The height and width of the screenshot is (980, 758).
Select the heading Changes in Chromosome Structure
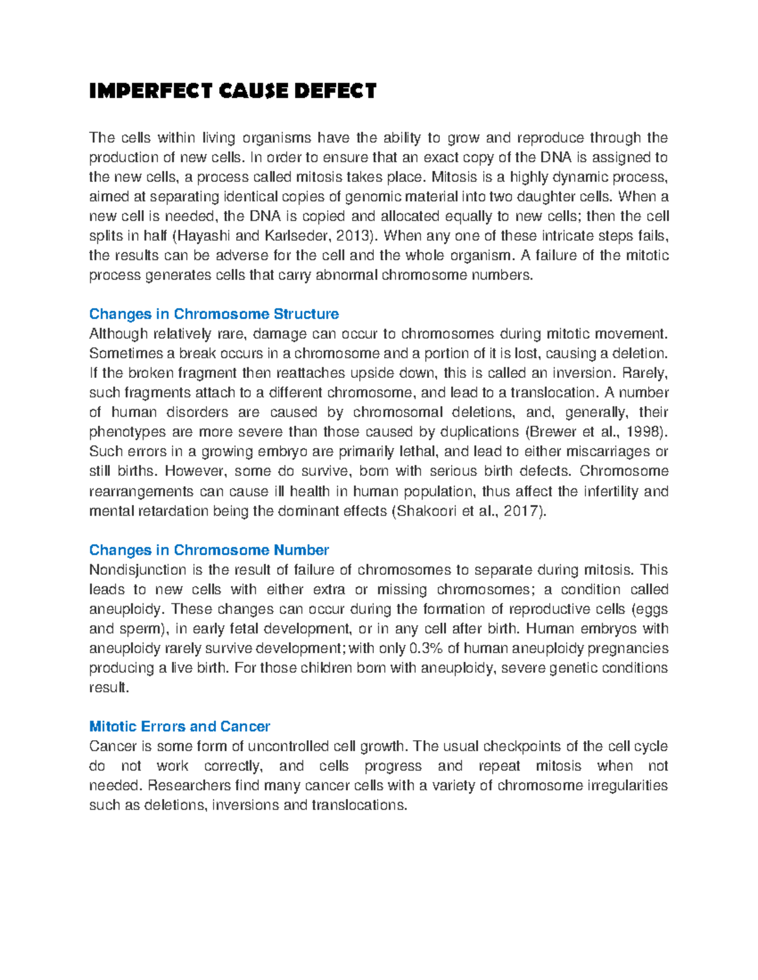point(214,314)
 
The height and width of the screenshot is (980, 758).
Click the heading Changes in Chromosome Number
point(208,550)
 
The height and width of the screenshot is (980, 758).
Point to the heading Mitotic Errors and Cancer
point(179,726)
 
